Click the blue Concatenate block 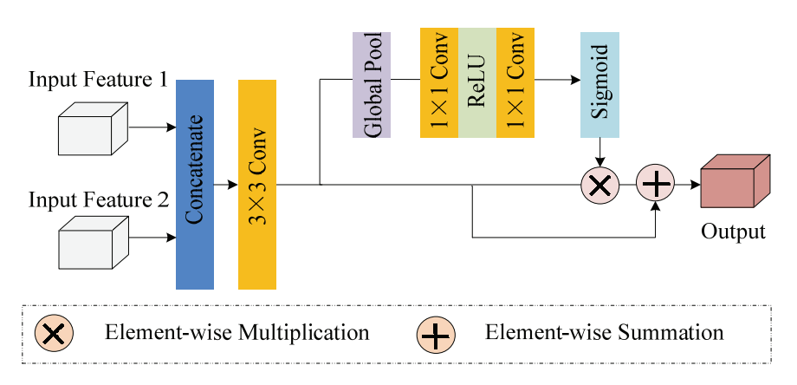(x=194, y=184)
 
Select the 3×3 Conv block (x=256, y=184)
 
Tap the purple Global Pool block (x=372, y=84)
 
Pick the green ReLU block (x=476, y=82)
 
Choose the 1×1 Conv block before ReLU (x=438, y=82)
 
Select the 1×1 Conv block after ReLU (x=515, y=82)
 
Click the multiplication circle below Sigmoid (x=599, y=185)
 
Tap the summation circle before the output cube (x=655, y=185)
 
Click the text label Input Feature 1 (x=98, y=80)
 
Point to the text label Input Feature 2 (x=98, y=201)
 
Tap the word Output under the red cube (x=733, y=232)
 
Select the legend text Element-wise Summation (x=604, y=333)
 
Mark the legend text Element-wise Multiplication (x=237, y=333)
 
